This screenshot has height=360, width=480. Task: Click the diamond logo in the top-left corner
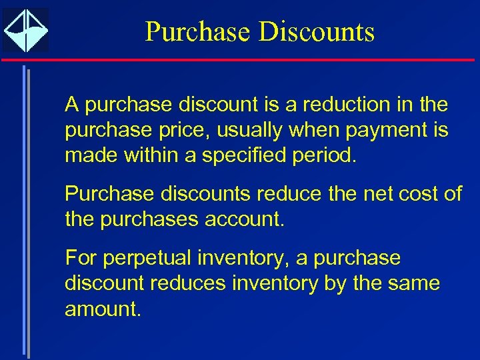[x=25, y=30]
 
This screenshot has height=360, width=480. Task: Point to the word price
[x=188, y=131]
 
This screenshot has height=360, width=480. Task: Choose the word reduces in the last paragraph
[x=189, y=283]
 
